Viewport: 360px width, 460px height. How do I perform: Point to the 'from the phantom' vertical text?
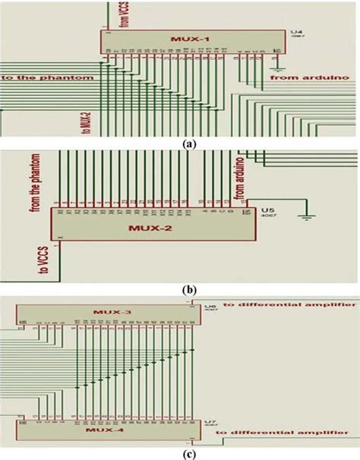[x=34, y=182]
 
